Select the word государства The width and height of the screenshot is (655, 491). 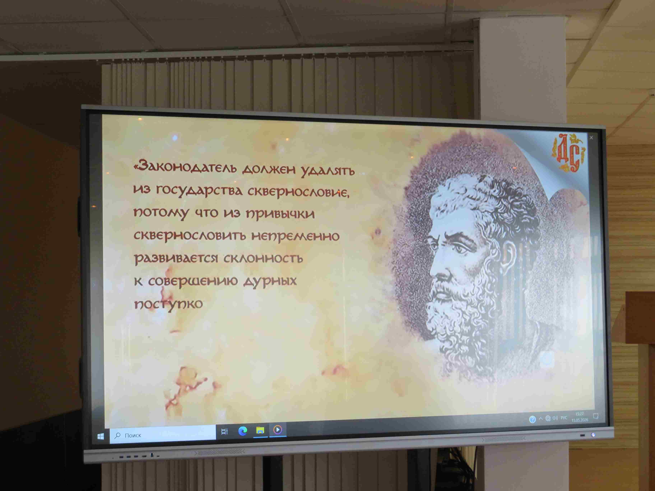(199, 191)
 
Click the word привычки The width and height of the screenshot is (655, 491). (280, 214)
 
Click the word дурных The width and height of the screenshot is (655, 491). (270, 280)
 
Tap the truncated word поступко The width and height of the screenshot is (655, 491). (168, 304)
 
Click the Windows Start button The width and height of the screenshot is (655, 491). (101, 436)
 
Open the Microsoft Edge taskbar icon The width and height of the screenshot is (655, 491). (243, 431)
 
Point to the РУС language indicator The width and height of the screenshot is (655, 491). (564, 418)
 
